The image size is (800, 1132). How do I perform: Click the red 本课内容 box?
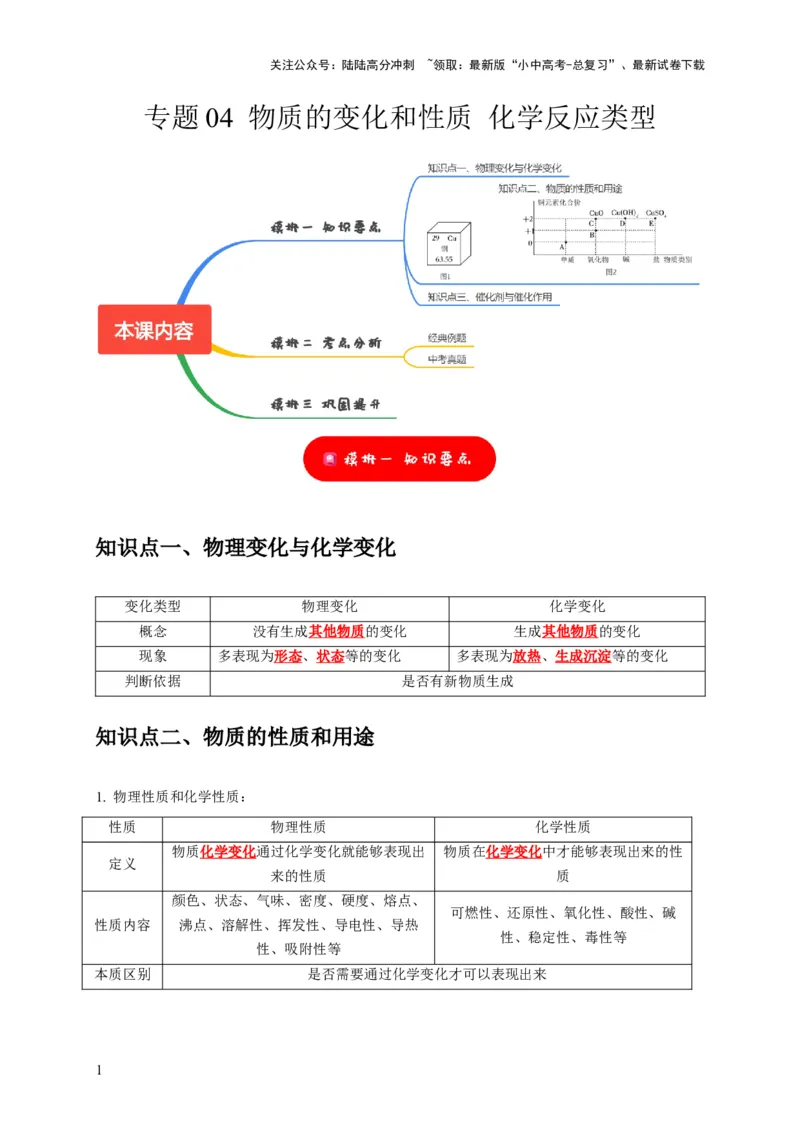(154, 330)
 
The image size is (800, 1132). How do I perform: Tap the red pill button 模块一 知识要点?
(399, 459)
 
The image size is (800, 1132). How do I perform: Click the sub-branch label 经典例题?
(446, 338)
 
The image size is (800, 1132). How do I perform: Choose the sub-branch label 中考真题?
(446, 359)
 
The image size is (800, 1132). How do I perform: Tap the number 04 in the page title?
(218, 118)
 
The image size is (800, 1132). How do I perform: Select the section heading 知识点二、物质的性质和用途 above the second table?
(235, 738)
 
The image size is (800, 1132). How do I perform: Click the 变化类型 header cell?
(153, 607)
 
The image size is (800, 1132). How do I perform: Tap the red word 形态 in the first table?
(288, 657)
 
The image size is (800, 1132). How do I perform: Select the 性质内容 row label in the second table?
(122, 924)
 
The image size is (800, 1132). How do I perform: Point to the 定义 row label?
(122, 863)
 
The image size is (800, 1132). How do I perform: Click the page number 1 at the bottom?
(99, 1071)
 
